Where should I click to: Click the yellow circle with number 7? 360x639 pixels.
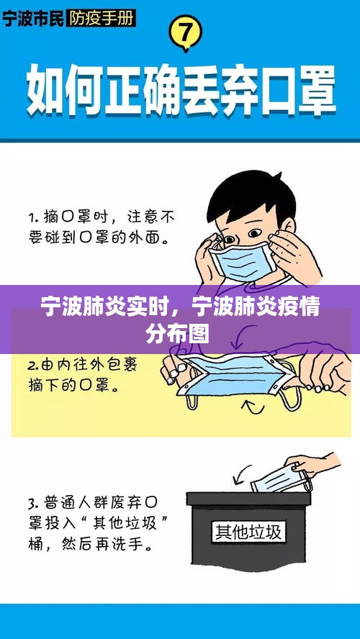click(185, 33)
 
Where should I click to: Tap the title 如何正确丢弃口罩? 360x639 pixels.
click(181, 92)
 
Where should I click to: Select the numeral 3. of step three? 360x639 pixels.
click(32, 504)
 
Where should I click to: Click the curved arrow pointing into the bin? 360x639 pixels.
click(242, 473)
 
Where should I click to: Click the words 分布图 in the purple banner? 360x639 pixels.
click(178, 334)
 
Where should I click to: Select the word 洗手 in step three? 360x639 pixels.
click(134, 544)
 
